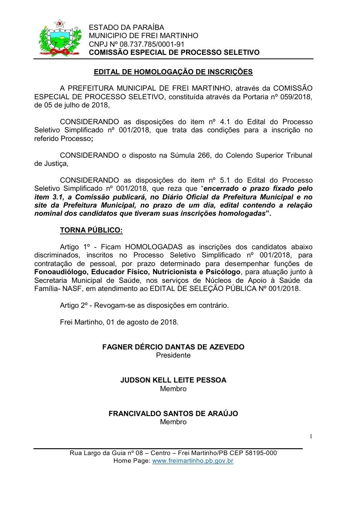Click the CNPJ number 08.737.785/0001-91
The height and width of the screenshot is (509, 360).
pos(146,44)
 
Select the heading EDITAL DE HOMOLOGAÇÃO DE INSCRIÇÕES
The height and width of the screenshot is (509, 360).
pos(173,72)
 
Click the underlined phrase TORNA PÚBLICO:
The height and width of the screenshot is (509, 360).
pos(91,230)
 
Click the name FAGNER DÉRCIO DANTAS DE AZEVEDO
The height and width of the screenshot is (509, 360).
pos(173,347)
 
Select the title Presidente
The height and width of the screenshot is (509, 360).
pos(173,355)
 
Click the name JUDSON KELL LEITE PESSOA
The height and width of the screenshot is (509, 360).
pos(173,381)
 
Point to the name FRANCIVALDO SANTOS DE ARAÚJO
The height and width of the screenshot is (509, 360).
pos(173,414)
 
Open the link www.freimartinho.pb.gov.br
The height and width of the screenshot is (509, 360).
pos(193,461)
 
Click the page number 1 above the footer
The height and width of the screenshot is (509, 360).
pos(311,436)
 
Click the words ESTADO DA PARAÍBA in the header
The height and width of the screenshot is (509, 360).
pos(126,28)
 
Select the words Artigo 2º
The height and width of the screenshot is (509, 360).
pos(75,305)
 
